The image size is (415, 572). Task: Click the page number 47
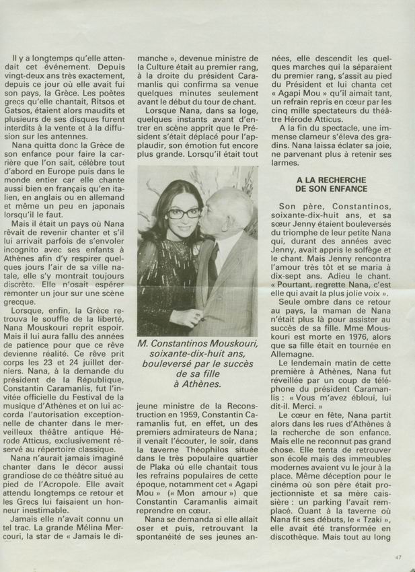coord(399,557)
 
